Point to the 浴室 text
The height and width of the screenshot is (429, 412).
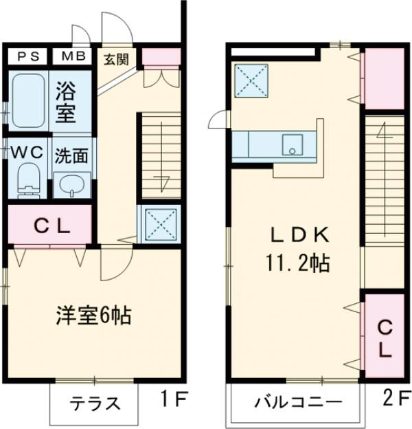[67, 101]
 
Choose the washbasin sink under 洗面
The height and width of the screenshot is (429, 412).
[71, 183]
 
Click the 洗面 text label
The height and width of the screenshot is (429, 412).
[71, 154]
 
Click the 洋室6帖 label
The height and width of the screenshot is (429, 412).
[93, 316]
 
